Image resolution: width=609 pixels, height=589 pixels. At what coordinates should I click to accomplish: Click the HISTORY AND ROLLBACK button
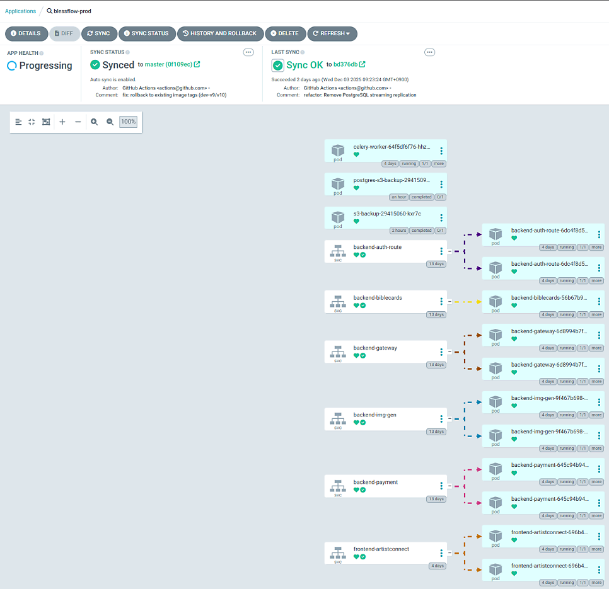click(220, 33)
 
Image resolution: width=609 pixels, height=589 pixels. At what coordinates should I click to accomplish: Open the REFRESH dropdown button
click(332, 33)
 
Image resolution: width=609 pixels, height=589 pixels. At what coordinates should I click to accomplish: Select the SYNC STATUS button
click(147, 33)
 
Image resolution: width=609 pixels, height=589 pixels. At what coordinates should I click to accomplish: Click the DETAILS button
click(26, 33)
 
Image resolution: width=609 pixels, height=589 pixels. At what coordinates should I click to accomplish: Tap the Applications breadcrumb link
click(20, 11)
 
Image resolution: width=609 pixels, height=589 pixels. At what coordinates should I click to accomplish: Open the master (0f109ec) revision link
click(168, 64)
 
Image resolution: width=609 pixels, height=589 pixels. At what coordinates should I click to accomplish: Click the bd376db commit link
click(345, 64)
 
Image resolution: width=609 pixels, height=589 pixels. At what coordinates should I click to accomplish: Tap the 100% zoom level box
click(128, 122)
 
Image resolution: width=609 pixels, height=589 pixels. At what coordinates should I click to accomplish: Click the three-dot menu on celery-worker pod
click(441, 151)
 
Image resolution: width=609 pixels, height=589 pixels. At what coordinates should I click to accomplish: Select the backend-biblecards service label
click(378, 297)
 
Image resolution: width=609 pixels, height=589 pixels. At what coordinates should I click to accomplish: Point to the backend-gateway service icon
click(338, 352)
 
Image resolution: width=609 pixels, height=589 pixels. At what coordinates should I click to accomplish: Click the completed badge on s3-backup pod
click(421, 231)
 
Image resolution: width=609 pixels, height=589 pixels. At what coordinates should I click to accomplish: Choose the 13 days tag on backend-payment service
click(436, 499)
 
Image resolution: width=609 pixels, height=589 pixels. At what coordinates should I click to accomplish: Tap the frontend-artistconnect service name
click(381, 549)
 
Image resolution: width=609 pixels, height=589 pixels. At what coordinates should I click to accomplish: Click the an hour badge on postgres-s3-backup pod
click(399, 197)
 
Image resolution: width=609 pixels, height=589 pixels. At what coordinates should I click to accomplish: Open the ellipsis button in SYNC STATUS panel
click(248, 52)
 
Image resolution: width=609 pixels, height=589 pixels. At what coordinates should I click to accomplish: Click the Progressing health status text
click(46, 66)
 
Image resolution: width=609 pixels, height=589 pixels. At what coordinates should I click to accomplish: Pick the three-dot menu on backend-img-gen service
click(441, 419)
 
